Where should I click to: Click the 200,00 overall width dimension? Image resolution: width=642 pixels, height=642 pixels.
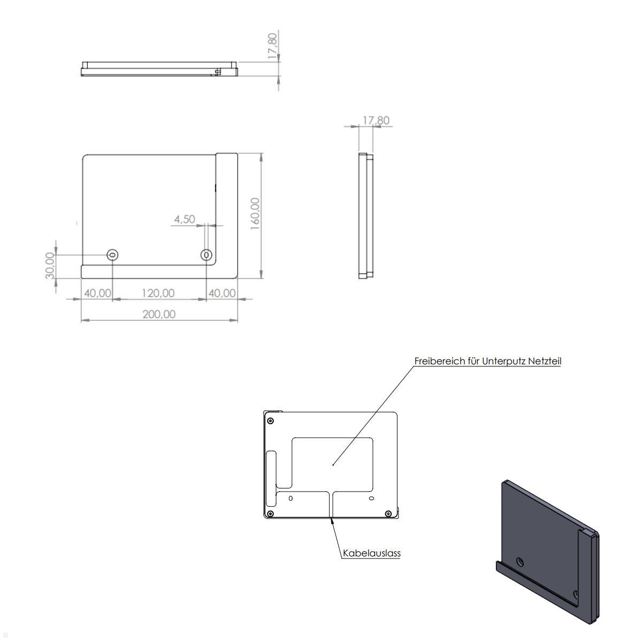(x=158, y=314)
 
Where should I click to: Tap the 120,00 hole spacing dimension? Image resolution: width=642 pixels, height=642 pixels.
(x=158, y=293)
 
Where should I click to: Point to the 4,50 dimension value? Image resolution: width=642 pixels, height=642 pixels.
(x=185, y=219)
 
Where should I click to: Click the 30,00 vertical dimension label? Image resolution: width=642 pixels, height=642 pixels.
(x=50, y=265)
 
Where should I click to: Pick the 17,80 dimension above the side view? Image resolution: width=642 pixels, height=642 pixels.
(x=376, y=120)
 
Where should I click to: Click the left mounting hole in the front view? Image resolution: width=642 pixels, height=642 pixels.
(x=112, y=255)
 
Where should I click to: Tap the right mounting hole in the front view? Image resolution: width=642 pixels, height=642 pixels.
(x=207, y=255)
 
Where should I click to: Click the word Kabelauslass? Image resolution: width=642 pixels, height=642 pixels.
(x=372, y=554)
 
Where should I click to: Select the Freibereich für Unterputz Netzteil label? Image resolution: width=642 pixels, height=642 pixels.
(x=487, y=361)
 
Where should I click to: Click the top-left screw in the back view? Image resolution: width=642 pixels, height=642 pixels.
(x=271, y=420)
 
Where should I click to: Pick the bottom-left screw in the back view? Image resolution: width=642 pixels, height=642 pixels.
(x=270, y=514)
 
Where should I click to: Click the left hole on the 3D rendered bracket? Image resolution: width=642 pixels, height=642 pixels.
(x=520, y=562)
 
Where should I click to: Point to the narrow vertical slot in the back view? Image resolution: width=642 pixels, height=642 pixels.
(x=271, y=468)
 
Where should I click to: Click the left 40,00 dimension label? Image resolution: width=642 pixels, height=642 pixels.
(x=97, y=293)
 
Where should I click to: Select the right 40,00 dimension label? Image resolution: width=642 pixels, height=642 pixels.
(x=221, y=293)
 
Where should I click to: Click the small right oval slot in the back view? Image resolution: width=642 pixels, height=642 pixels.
(x=372, y=498)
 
